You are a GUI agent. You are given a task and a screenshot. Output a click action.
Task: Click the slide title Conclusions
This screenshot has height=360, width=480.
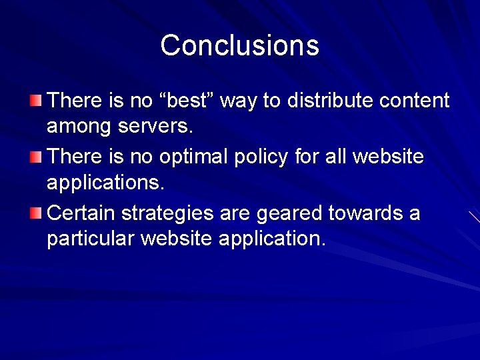(240, 45)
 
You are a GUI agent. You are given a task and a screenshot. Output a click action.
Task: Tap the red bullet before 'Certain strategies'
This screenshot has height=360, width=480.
(35, 213)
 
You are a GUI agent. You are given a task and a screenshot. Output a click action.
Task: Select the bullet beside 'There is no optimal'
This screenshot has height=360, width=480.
(35, 157)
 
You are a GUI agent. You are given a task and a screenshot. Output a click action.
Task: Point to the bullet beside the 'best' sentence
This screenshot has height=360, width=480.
(35, 101)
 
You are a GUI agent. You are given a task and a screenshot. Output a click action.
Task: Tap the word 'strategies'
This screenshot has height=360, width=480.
(171, 214)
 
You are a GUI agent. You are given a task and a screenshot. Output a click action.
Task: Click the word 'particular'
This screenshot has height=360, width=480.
(90, 239)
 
